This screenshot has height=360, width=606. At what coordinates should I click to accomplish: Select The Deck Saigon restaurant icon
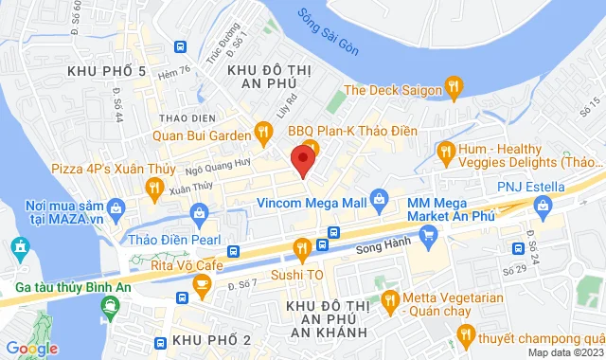(454, 90)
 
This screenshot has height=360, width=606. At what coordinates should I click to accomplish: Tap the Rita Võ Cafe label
(187, 266)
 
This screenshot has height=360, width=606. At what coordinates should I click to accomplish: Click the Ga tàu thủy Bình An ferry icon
(112, 306)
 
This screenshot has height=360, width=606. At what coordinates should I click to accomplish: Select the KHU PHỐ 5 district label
(107, 72)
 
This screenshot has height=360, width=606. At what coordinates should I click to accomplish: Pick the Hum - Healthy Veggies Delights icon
(445, 152)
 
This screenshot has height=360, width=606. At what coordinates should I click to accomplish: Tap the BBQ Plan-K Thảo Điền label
(352, 130)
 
